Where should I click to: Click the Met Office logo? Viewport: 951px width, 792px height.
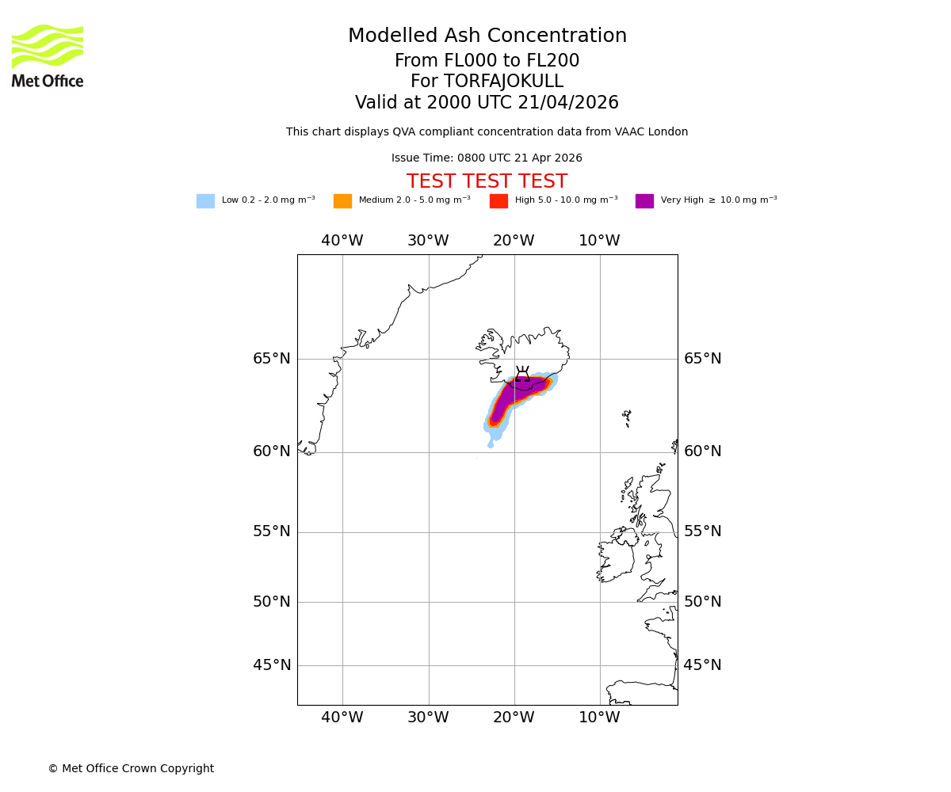48,55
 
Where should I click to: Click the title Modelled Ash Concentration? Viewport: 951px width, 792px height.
487,36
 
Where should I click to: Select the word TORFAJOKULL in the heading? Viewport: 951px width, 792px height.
503,82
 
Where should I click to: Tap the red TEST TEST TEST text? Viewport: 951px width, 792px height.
487,182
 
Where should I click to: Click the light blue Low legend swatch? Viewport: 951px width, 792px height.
205,201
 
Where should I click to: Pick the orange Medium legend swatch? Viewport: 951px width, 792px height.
342,201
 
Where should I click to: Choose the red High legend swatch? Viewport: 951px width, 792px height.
498,201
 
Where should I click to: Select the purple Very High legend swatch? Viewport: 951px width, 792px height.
644,201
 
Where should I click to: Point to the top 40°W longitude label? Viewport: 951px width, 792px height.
342,241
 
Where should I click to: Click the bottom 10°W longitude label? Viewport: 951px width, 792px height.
599,718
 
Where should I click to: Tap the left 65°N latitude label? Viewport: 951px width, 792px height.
272,359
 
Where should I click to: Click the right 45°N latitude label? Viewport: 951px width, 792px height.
702,665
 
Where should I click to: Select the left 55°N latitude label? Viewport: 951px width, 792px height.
272,531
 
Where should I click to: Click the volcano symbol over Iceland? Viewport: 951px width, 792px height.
522,375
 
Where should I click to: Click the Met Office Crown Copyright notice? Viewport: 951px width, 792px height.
131,769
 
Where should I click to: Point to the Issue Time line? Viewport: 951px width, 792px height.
487,158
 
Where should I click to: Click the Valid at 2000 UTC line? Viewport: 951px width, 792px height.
487,103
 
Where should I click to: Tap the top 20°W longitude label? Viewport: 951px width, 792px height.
514,241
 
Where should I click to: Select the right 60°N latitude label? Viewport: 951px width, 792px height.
702,451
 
